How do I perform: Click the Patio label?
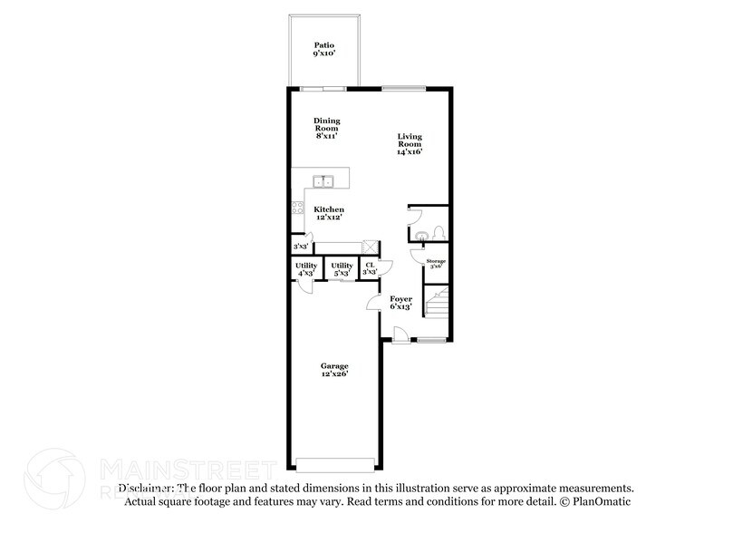323,48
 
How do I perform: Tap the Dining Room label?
326,127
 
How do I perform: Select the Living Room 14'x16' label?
410,144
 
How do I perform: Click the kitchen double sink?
325,181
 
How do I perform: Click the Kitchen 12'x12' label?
329,213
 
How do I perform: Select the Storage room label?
436,264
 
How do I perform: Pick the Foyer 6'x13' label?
400,303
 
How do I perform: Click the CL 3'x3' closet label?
370,268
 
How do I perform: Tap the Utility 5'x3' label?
342,268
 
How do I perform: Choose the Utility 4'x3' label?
305,268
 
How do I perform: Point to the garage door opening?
334,465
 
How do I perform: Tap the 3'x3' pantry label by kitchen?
300,247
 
